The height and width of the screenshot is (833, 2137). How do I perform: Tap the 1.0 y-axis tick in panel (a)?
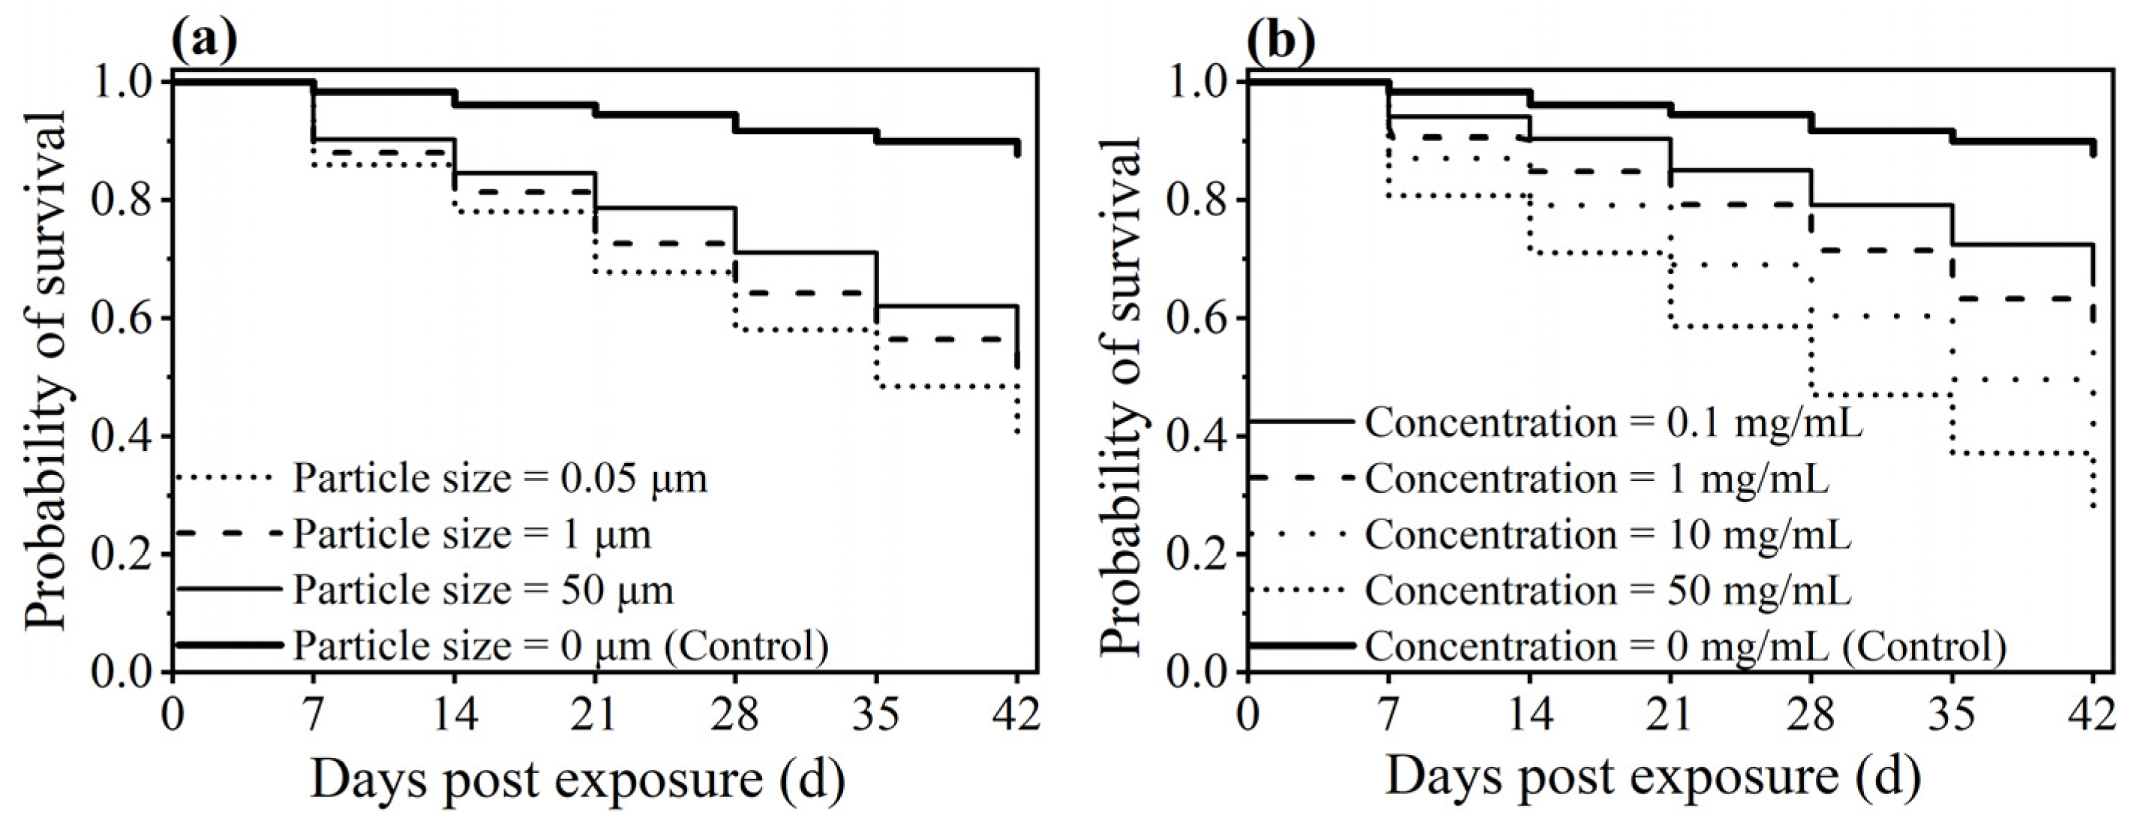pos(123,83)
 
